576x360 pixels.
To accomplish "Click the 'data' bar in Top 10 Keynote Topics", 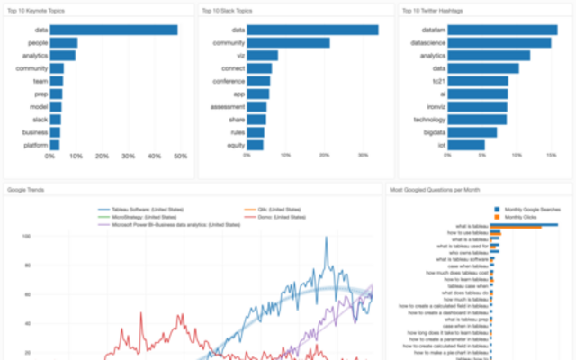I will [x=112, y=30].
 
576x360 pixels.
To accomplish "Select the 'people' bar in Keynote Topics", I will [x=63, y=42].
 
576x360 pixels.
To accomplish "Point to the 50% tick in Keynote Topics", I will [x=179, y=157].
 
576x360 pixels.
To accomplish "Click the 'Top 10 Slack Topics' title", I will [x=226, y=10].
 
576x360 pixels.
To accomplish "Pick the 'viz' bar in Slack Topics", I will [x=262, y=55].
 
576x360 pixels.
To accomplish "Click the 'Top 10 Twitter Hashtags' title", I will [x=429, y=10].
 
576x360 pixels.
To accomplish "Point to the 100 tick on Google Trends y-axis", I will [x=27, y=236].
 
